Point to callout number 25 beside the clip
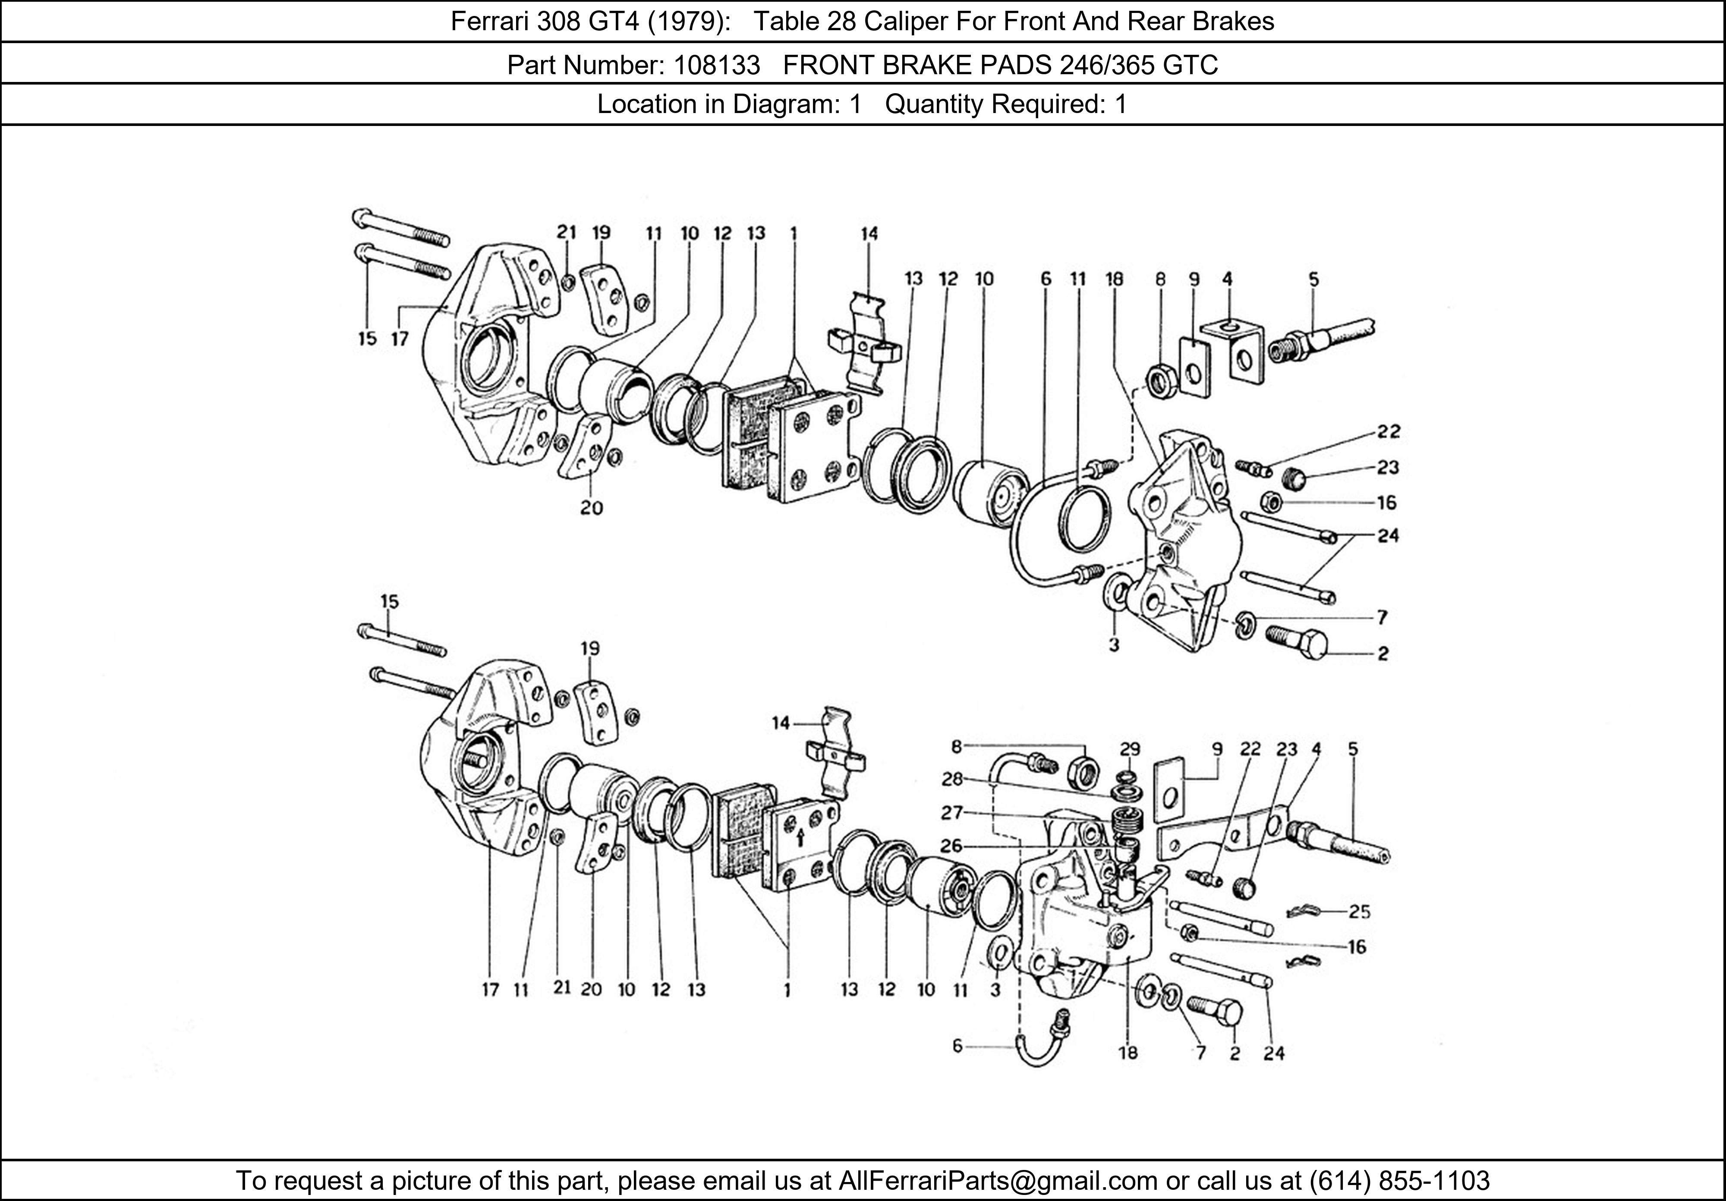click(1359, 912)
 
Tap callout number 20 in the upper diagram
click(592, 508)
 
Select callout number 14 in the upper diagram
click(869, 234)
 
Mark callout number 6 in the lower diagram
click(957, 1045)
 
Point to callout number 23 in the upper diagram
click(1388, 468)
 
